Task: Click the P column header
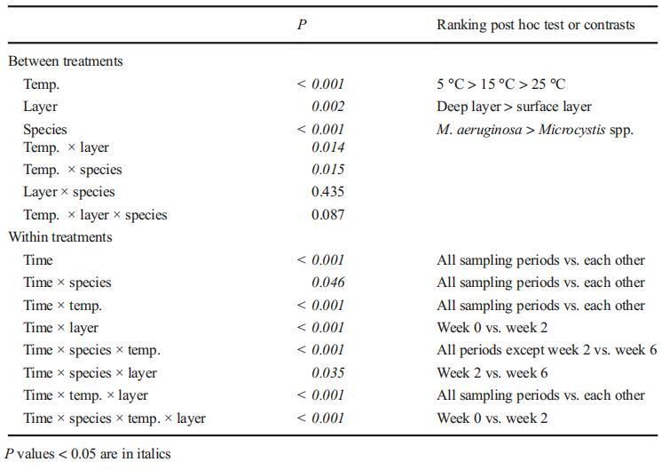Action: (x=302, y=25)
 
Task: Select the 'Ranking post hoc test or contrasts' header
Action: (x=535, y=25)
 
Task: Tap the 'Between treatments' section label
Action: (x=66, y=61)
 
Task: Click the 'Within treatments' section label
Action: (x=60, y=237)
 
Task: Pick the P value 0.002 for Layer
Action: (x=327, y=107)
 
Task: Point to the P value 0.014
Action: (x=327, y=147)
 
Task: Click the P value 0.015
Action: (x=327, y=170)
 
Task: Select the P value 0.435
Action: (x=327, y=192)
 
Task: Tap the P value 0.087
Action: (x=327, y=214)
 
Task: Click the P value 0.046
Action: (x=327, y=283)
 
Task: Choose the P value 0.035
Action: (x=327, y=373)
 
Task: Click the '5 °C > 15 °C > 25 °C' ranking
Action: (x=500, y=84)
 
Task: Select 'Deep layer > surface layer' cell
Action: (x=514, y=107)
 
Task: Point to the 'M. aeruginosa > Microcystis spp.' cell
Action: (x=535, y=130)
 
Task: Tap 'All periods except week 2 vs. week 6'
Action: (x=547, y=350)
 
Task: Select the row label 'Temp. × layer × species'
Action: (x=95, y=214)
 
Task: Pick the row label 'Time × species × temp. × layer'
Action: (x=114, y=418)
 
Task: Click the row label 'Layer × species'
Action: (x=69, y=192)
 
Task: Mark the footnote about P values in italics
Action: (x=88, y=454)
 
